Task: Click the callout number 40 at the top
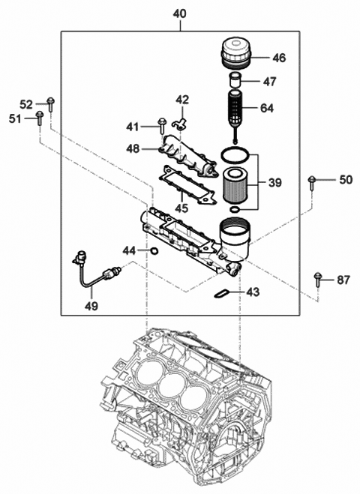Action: pos(180,13)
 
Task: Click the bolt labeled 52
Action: pos(49,104)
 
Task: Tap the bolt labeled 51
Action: pos(38,118)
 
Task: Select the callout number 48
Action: pos(133,148)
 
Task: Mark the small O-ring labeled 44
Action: pos(153,251)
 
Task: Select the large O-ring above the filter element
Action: pos(236,157)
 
